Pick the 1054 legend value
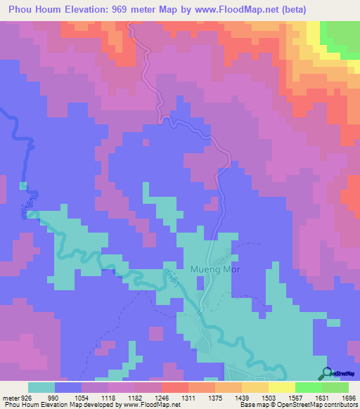[x=82, y=397]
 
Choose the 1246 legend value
[x=162, y=397]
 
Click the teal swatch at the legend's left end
[x=41, y=387]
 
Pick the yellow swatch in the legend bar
[x=281, y=387]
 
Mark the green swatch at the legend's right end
[x=335, y=387]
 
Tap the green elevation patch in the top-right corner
[x=342, y=37]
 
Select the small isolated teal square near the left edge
[x=23, y=186]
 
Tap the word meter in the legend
[x=11, y=397]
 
